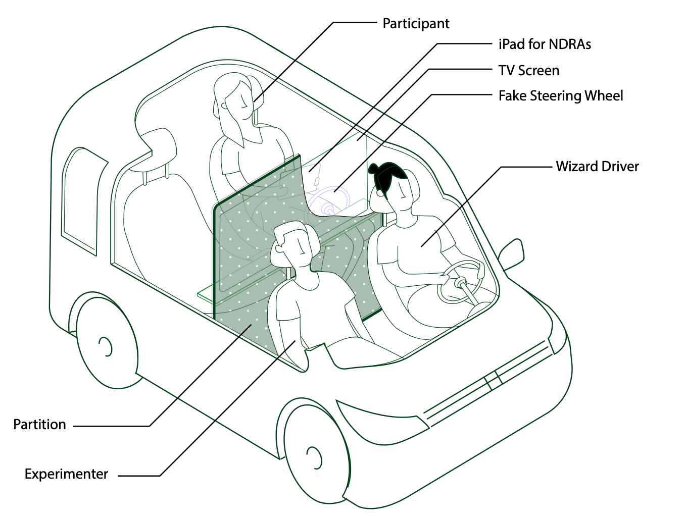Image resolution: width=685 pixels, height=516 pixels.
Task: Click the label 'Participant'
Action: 416,24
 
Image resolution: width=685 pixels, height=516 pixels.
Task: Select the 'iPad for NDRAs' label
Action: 544,44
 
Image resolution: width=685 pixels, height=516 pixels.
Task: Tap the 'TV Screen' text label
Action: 528,70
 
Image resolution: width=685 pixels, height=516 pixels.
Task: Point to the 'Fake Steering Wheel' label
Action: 560,96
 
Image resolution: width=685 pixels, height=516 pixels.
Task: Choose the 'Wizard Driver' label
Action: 597,167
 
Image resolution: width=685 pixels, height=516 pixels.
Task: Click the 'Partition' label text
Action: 39,424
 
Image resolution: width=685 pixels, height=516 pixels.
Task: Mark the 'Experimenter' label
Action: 66,474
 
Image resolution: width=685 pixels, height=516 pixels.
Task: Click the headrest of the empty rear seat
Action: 157,149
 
